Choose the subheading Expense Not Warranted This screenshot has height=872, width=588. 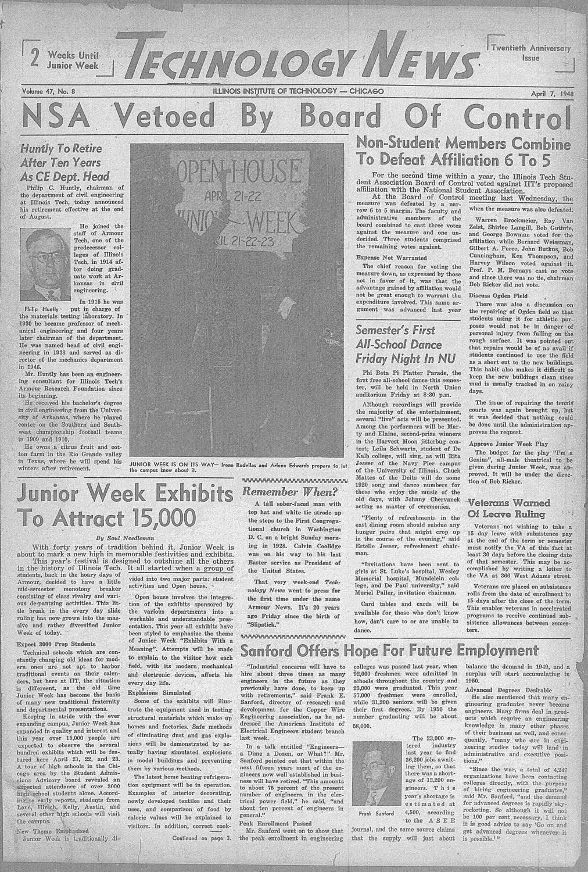click(392, 258)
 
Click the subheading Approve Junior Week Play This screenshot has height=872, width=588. click(509, 444)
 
